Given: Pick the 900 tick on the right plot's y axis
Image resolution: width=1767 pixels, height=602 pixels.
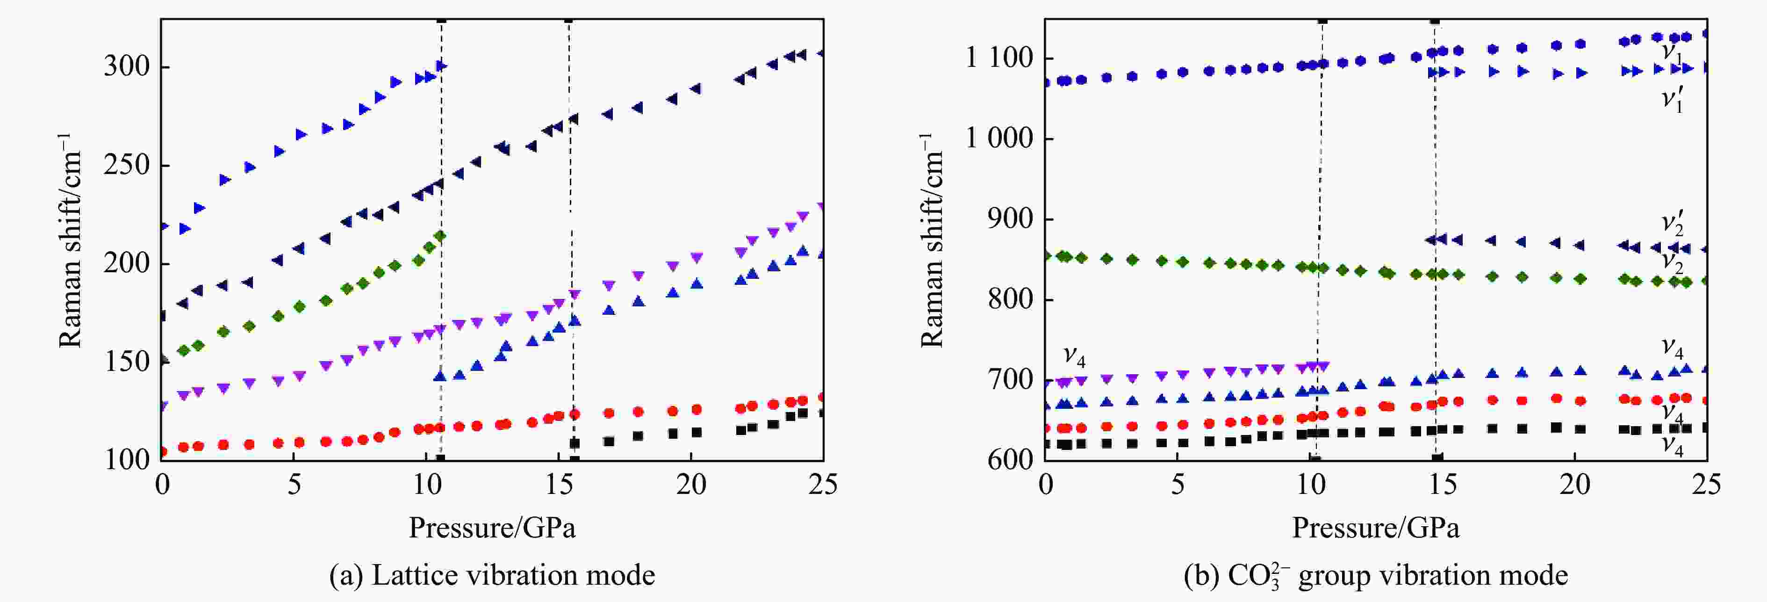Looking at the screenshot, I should click(x=1010, y=220).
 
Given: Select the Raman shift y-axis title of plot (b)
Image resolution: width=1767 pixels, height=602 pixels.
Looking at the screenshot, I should click(x=932, y=240).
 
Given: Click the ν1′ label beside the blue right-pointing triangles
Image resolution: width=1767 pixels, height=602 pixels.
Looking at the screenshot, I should click(x=1672, y=100).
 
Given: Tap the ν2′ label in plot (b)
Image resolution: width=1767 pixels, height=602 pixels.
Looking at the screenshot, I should click(x=1672, y=224).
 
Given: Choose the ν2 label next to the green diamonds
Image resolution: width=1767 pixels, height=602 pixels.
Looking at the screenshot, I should click(x=1672, y=261).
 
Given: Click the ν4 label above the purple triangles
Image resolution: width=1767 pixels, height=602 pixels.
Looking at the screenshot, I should click(x=1073, y=355).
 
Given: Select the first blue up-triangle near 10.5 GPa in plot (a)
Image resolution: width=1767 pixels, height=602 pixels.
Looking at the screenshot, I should click(x=440, y=376).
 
